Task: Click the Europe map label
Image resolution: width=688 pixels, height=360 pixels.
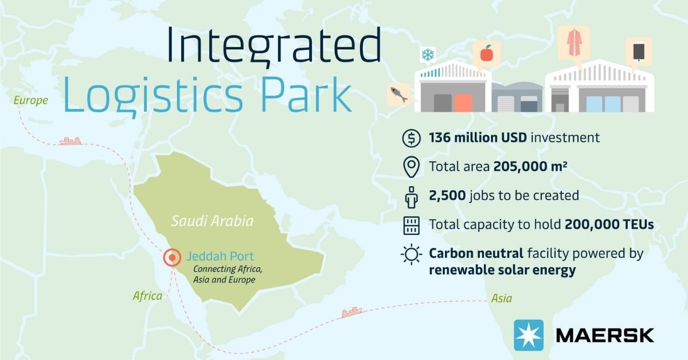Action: click(31, 100)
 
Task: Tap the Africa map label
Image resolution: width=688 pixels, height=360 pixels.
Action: click(147, 296)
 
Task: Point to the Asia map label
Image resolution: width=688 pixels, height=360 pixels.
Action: click(502, 298)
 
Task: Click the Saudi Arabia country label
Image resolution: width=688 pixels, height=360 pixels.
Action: click(212, 221)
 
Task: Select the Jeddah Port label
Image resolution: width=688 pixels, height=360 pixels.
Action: click(220, 256)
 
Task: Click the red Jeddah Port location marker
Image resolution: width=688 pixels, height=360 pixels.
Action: click(172, 257)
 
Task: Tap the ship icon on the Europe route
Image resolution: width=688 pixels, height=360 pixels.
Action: click(71, 141)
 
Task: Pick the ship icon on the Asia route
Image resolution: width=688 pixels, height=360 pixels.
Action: click(351, 312)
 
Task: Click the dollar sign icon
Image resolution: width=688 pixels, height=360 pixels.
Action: click(411, 138)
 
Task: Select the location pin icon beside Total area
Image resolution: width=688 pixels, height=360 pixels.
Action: click(411, 167)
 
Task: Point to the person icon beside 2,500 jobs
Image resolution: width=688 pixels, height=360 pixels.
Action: click(411, 197)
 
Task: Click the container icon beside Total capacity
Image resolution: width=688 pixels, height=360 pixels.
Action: click(411, 226)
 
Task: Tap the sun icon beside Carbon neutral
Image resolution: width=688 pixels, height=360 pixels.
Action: click(411, 255)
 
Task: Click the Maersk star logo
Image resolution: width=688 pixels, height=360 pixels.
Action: click(529, 335)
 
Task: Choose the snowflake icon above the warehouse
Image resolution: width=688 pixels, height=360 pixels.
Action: click(428, 54)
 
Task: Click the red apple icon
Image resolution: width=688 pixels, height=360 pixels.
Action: click(487, 53)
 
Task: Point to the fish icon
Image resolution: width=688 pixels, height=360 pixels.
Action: click(399, 95)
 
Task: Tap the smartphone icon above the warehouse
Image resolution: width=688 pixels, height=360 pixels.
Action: click(639, 52)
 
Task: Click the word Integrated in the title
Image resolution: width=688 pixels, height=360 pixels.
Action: click(274, 45)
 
